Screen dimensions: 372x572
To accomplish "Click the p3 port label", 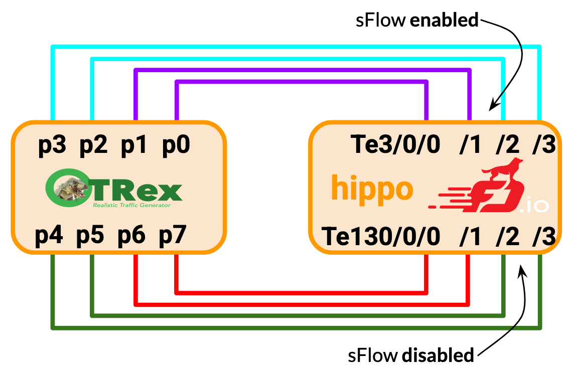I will tap(52, 146).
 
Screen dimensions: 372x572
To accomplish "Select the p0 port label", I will tap(176, 146).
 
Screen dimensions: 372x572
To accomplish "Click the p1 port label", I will tap(134, 146).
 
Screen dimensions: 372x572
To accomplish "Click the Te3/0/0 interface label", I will tap(396, 145).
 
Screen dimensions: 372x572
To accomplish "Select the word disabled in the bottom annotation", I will tap(438, 355).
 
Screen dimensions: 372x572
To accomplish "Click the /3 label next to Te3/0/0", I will tap(544, 145).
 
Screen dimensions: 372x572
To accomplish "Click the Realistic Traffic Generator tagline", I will tap(131, 205).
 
